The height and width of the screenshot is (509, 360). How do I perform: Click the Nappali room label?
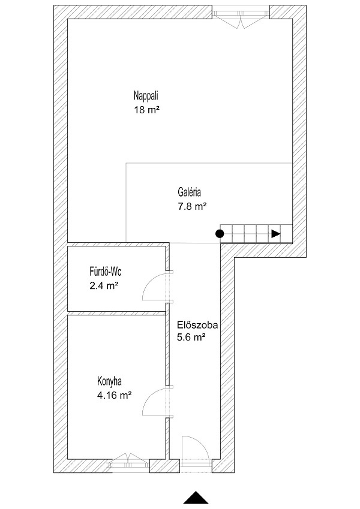point(146,96)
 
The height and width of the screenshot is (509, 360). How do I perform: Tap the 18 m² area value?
point(147,110)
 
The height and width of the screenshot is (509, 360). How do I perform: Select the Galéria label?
point(190,192)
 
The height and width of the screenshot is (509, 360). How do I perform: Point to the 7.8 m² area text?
point(193,206)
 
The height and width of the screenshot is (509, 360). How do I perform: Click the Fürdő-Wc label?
point(105,271)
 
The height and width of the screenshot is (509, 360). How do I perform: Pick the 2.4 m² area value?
point(104,286)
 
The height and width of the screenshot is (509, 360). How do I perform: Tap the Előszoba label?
point(197,324)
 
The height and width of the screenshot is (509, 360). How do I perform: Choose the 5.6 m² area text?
point(191,338)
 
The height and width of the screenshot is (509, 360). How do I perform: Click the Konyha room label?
point(109,381)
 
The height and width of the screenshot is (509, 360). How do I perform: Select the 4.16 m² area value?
point(115,396)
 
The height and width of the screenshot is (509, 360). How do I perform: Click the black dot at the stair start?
point(220,233)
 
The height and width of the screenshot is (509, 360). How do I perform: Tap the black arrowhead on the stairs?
point(276,233)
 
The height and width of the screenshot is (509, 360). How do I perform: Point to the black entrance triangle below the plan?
point(196,498)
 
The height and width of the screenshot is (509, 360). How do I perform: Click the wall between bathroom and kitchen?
point(116,313)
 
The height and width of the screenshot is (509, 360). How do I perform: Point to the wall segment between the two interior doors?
point(167,344)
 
